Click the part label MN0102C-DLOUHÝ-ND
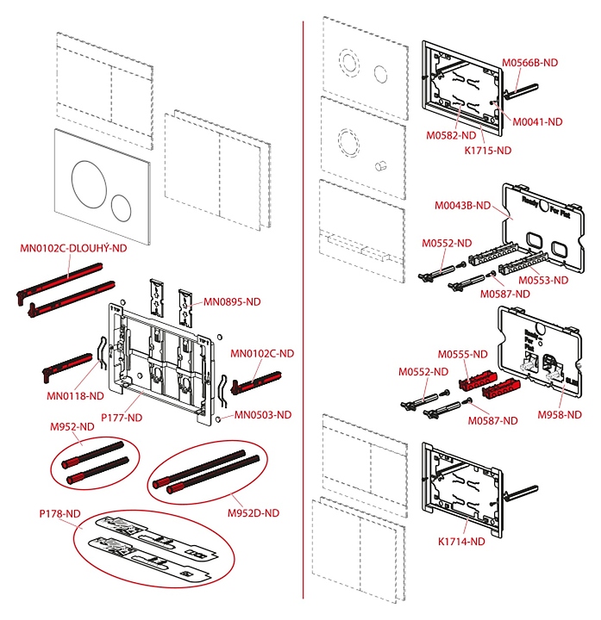(73, 249)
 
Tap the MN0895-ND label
(231, 302)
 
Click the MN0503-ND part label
(263, 414)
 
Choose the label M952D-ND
(254, 512)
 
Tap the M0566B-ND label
(530, 62)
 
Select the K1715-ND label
(488, 149)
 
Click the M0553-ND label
(543, 280)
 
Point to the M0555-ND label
(462, 354)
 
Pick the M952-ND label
(72, 426)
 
